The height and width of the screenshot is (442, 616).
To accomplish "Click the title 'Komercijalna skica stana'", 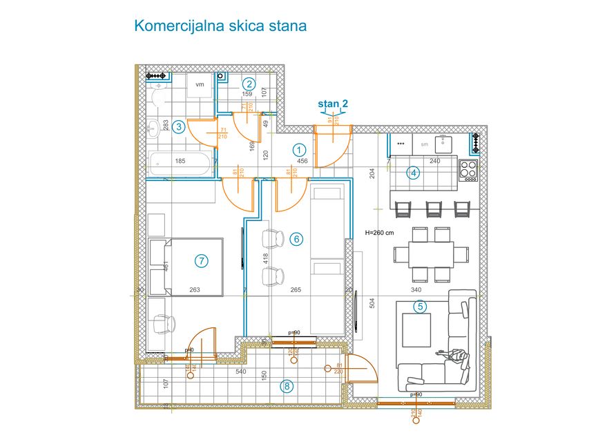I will (x=220, y=26).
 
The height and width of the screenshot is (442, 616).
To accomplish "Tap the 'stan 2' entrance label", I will (x=332, y=104).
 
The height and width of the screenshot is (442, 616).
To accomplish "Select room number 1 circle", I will (x=299, y=148).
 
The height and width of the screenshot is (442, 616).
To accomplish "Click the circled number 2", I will (x=249, y=84).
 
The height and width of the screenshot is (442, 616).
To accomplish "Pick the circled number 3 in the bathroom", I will (x=178, y=126).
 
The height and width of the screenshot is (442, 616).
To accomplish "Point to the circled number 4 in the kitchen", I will (x=414, y=173).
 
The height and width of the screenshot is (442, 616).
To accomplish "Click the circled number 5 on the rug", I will (x=418, y=305).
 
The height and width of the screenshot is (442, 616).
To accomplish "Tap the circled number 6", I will (x=296, y=239).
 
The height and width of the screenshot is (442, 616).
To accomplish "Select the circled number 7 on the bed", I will (x=201, y=260).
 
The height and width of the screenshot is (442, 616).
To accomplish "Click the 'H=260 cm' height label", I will (x=378, y=233).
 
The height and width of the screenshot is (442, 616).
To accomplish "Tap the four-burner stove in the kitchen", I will (x=469, y=170).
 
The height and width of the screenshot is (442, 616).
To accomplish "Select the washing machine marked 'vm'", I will (x=200, y=86).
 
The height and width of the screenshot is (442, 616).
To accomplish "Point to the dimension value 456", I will (x=302, y=161).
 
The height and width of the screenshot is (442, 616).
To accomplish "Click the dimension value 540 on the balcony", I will (x=241, y=372).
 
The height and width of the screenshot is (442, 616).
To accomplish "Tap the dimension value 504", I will (x=372, y=302).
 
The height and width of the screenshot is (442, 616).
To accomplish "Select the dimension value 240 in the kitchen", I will (x=435, y=161).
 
